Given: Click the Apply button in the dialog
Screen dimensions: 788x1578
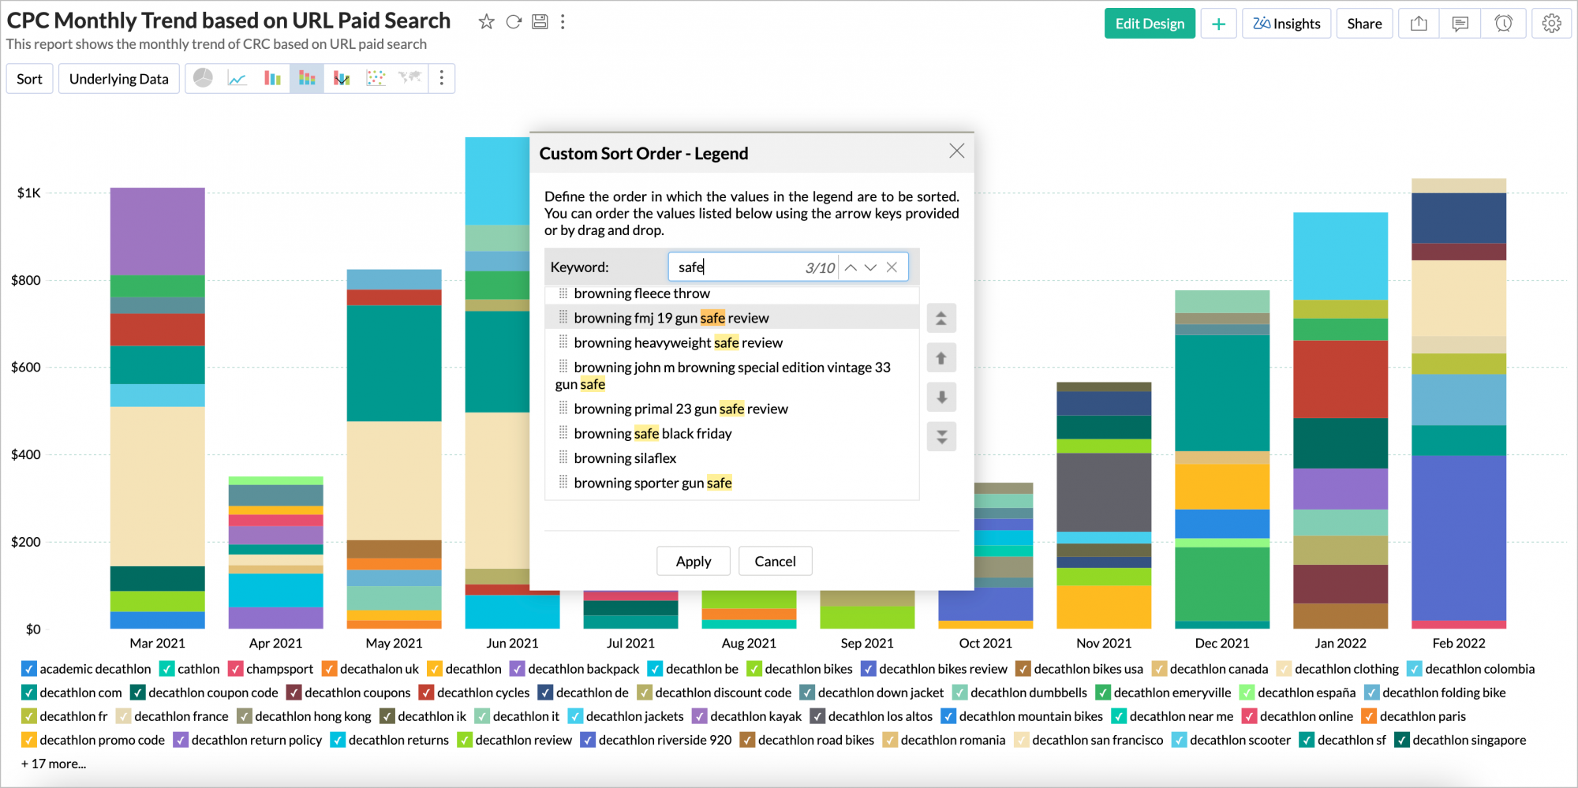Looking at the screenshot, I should tap(693, 561).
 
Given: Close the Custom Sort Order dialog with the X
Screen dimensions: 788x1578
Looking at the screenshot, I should tap(956, 151).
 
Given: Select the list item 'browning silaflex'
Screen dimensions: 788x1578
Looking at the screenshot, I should tap(625, 458).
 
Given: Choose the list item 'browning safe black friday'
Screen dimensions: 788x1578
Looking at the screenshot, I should tap(653, 434).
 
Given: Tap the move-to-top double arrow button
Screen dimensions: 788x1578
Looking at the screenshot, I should tap(941, 319).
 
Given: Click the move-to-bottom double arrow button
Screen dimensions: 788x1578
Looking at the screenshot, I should tap(941, 436).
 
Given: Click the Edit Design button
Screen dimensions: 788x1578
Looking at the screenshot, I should tap(1149, 24).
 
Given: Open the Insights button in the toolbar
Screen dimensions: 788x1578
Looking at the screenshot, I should tap(1286, 24).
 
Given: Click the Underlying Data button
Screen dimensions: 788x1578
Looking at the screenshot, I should tap(118, 79).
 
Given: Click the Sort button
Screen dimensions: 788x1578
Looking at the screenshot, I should tap(29, 79).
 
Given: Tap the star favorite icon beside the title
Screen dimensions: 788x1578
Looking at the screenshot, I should tap(486, 22).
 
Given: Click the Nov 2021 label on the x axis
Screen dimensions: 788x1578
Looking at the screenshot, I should tap(1103, 643).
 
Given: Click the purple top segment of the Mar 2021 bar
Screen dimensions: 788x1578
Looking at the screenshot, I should tap(157, 230).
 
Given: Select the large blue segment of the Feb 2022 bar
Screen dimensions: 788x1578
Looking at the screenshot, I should tap(1458, 536).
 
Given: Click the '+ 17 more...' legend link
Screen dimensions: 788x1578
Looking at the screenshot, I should tap(54, 764).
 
